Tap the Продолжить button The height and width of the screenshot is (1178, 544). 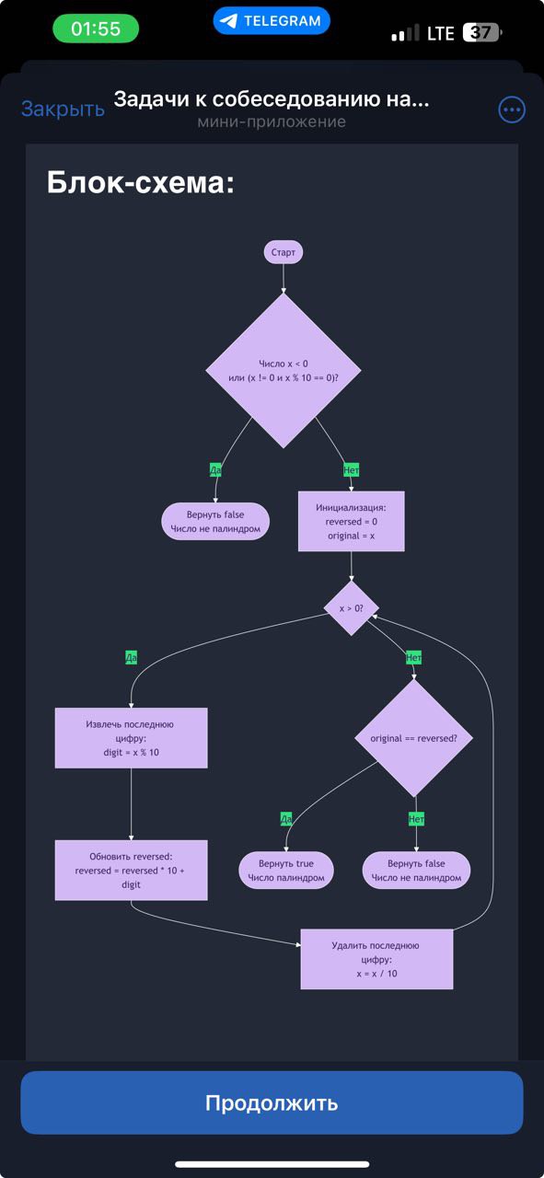[x=272, y=1103]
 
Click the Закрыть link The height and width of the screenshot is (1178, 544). [x=63, y=109]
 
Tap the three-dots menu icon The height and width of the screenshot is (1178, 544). [x=511, y=110]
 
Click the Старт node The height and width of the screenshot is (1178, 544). [x=283, y=252]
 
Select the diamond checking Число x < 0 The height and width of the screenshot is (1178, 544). [x=283, y=371]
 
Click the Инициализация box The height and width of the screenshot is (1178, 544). [x=351, y=521]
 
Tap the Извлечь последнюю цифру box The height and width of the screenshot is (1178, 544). [x=131, y=737]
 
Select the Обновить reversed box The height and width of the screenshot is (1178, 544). [x=131, y=870]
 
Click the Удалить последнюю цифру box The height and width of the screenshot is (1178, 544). [x=376, y=959]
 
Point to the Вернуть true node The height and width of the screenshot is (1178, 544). [x=286, y=871]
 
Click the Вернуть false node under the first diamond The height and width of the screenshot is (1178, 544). [x=215, y=521]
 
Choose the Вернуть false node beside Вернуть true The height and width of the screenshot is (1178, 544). [x=416, y=871]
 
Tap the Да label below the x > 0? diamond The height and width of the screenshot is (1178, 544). [x=131, y=657]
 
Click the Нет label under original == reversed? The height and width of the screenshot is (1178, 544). [x=416, y=818]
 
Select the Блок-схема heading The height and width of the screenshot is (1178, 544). [x=141, y=182]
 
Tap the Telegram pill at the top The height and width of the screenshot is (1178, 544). [x=272, y=20]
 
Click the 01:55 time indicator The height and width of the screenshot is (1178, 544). [x=96, y=29]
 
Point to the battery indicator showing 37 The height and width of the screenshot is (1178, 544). [x=481, y=33]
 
